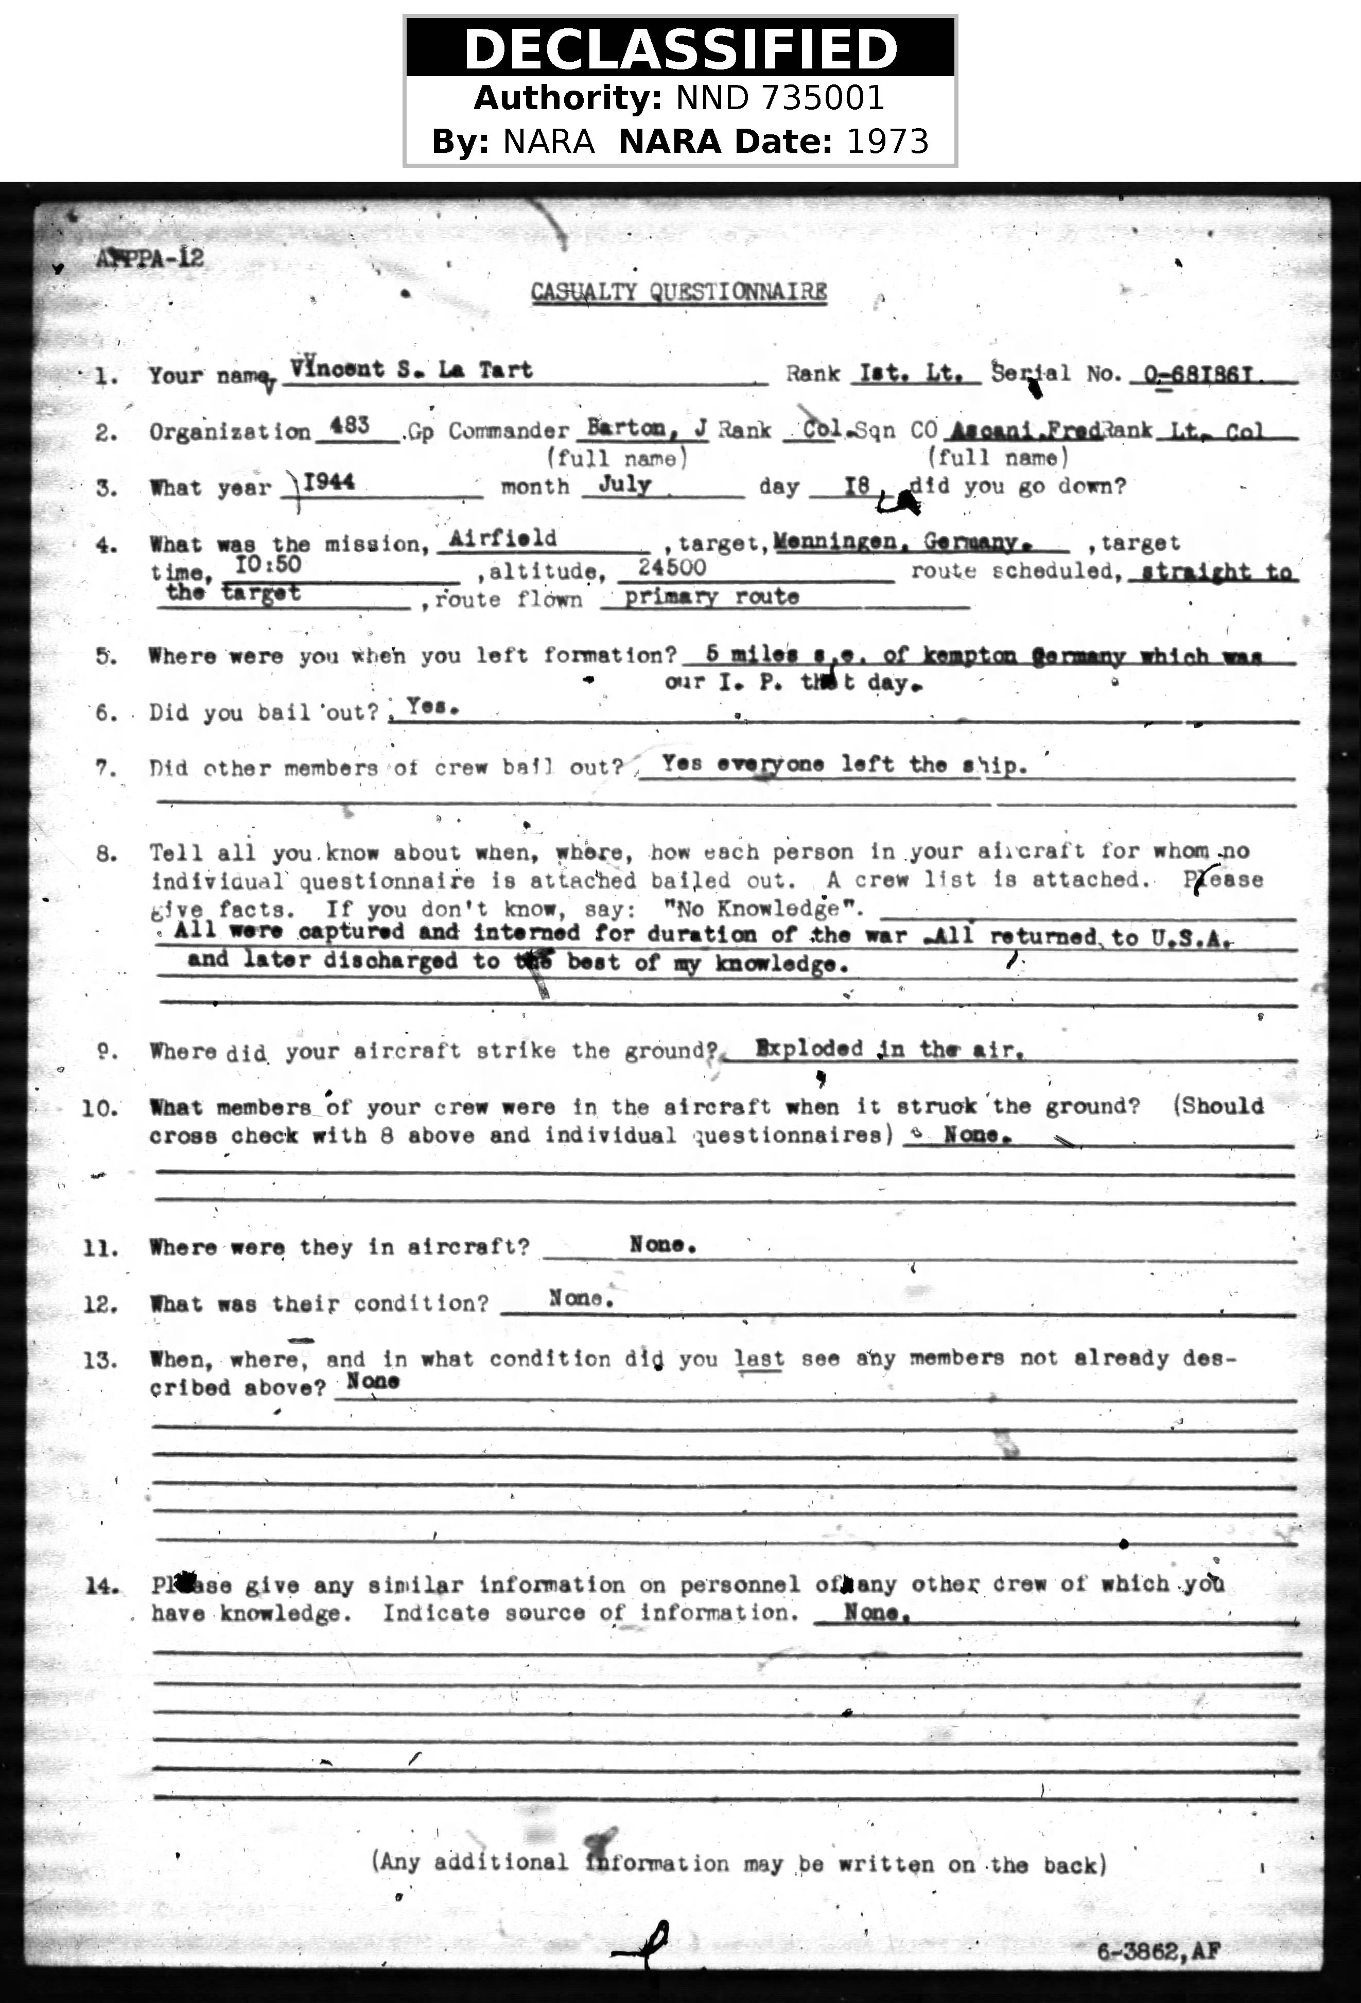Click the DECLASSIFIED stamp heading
[680, 48]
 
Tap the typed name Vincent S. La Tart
[411, 369]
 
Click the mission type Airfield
[503, 538]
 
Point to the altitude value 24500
[672, 567]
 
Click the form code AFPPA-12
[151, 258]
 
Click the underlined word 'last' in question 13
[759, 1359]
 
